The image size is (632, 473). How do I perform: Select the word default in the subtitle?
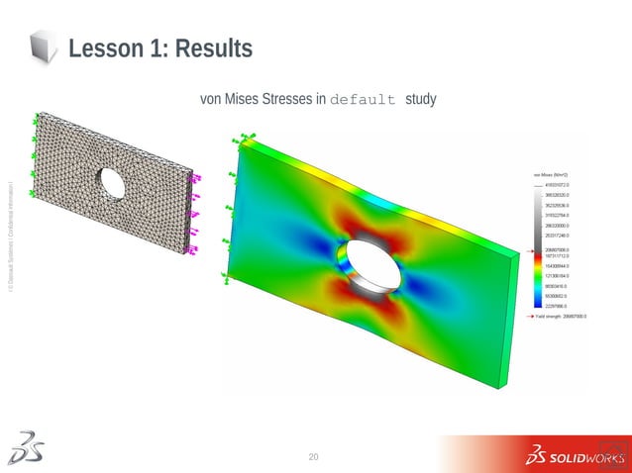point(364,100)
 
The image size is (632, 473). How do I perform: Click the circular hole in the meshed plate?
point(112,182)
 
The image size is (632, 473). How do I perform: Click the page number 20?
point(315,456)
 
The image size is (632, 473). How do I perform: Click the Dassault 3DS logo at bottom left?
point(25,448)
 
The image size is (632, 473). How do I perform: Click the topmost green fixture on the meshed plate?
point(36,118)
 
